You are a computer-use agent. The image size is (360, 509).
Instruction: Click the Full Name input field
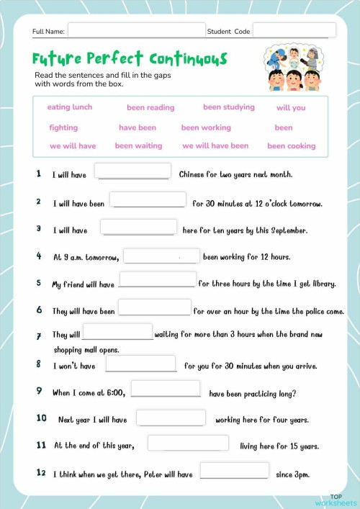[136, 31]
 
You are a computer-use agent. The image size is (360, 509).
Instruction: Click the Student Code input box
[294, 31]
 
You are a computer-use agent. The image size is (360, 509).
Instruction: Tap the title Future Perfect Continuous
[130, 58]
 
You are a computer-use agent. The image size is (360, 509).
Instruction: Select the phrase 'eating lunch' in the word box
[70, 107]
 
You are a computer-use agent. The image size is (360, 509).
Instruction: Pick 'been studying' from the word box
[229, 107]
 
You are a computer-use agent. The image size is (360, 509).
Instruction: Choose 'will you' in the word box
[291, 108]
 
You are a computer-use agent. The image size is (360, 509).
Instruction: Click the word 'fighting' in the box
[63, 127]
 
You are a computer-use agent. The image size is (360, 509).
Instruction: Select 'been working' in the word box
[206, 127]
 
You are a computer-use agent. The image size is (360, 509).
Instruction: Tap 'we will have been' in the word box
[215, 145]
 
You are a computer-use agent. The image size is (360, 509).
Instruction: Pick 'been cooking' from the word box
[292, 145]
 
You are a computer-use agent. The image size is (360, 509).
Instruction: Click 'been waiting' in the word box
[138, 145]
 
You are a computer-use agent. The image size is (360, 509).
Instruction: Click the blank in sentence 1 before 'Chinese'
[133, 171]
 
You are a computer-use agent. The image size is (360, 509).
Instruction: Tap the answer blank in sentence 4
[162, 256]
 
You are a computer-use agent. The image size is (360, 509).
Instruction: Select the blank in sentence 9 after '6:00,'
[166, 389]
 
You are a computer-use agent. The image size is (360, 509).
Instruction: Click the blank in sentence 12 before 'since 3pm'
[234, 471]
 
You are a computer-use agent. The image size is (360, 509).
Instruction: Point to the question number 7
[38, 336]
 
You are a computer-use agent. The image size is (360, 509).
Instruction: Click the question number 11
[41, 445]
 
